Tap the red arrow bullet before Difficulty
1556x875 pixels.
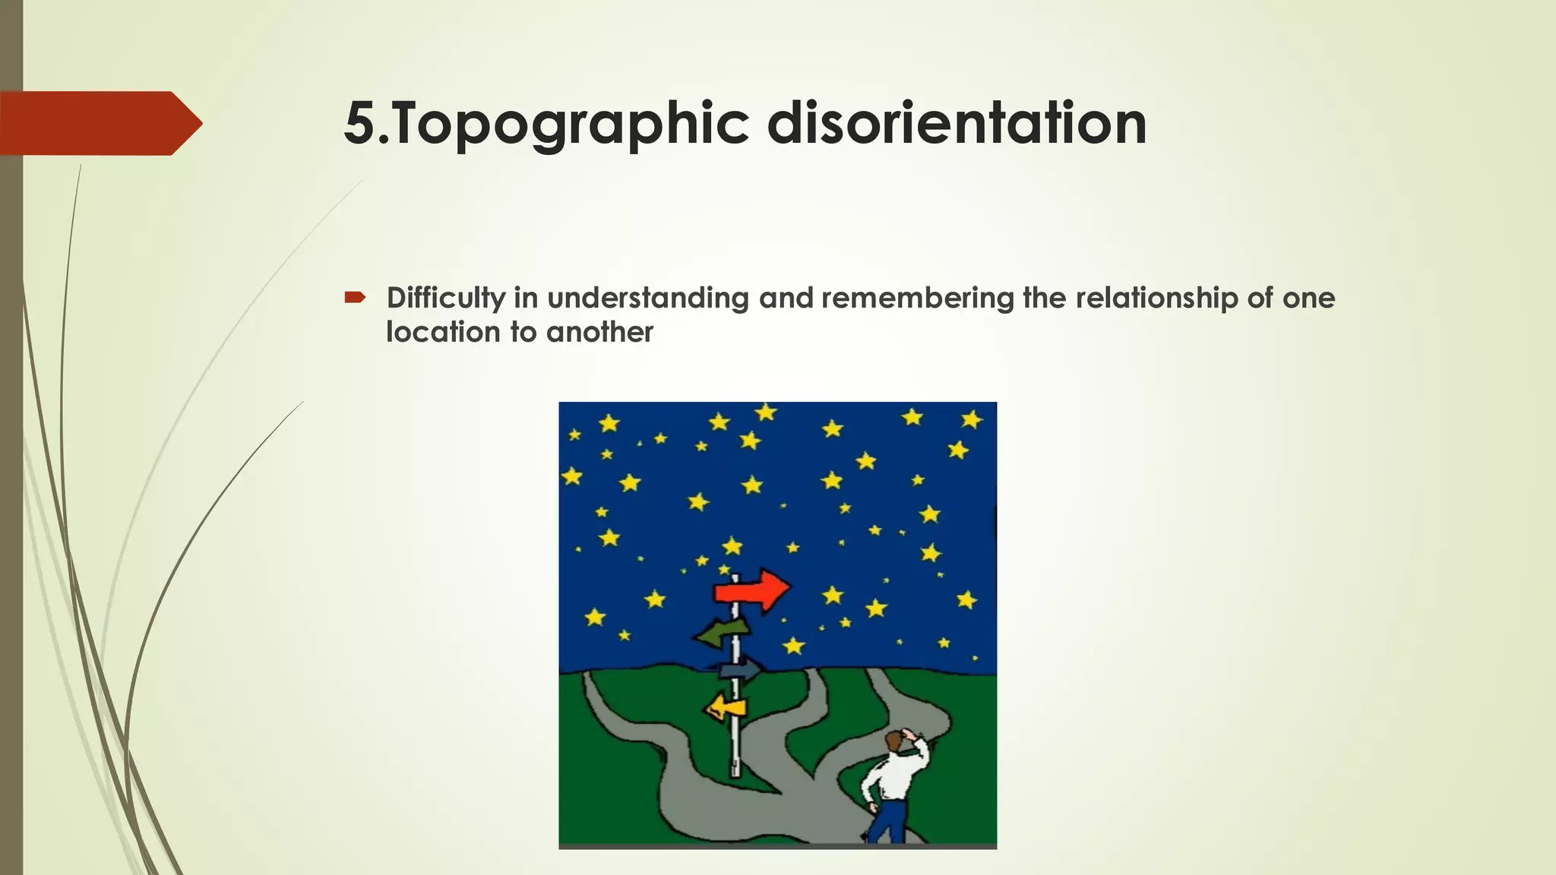click(x=355, y=298)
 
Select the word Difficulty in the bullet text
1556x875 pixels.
click(x=445, y=298)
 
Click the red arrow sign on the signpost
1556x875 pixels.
click(x=752, y=589)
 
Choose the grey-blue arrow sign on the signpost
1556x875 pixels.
click(x=739, y=669)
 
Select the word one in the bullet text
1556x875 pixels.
click(x=1308, y=298)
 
